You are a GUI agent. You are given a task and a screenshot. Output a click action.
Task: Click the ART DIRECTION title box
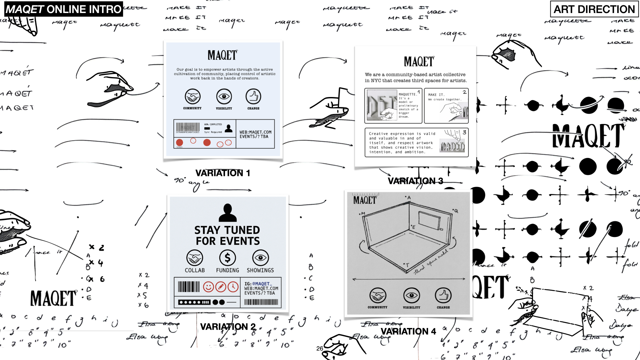pos(594,9)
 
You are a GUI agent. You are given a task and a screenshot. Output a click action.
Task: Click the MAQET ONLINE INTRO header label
pos(63,9)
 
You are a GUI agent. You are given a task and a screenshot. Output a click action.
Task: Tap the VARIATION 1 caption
pos(223,173)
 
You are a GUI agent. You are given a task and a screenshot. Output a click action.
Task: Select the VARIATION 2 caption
pos(228,327)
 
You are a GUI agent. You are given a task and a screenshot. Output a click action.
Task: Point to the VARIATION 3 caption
pos(415,181)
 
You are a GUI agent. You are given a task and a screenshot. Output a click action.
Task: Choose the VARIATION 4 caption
pos(408,331)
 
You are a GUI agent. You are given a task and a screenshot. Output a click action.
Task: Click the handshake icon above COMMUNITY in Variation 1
pos(193,97)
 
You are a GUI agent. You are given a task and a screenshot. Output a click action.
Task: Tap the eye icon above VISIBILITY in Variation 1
pos(224,97)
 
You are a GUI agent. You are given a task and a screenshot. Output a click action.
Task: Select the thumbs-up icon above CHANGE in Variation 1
pos(253,97)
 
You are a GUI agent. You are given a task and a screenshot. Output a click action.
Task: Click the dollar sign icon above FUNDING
pos(228,258)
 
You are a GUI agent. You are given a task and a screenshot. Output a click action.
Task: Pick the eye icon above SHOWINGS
pos(261,258)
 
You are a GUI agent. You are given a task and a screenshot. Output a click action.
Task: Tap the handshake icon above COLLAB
pos(195,258)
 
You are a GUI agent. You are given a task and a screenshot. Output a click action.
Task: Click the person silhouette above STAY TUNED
pos(228,213)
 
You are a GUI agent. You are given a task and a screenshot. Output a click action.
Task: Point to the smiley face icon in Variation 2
pos(208,287)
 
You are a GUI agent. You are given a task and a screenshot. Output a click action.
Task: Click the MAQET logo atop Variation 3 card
pos(419,62)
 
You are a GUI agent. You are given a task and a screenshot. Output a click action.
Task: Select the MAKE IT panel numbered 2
pos(446,106)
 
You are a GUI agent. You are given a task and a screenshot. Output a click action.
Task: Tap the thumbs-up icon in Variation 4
pos(443,295)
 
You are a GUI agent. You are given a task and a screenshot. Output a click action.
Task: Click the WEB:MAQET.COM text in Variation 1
pos(255,132)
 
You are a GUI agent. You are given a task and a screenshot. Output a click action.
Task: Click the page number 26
pos(320,348)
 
